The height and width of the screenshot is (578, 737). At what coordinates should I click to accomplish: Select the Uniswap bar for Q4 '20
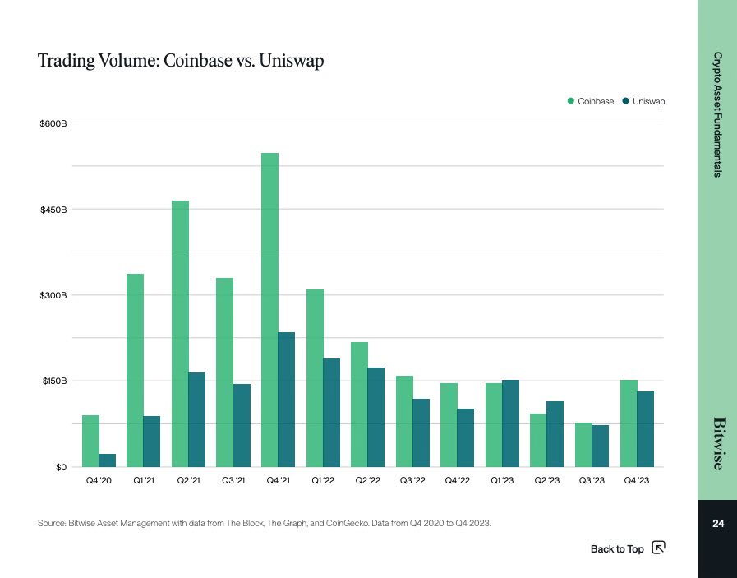pyautogui.click(x=107, y=460)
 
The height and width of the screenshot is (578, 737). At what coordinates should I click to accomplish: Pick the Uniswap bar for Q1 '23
pyautogui.click(x=510, y=423)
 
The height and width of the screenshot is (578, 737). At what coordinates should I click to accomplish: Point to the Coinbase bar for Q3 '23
pyautogui.click(x=583, y=445)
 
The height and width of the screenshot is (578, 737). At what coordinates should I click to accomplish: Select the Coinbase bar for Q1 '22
pyautogui.click(x=315, y=378)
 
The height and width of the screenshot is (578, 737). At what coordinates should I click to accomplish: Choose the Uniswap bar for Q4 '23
pyautogui.click(x=645, y=429)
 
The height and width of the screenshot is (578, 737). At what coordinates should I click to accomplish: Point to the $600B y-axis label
pyautogui.click(x=53, y=123)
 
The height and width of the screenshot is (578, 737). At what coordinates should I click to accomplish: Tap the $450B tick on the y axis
pyautogui.click(x=53, y=210)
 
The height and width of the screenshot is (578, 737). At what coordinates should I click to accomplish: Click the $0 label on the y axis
pyautogui.click(x=59, y=467)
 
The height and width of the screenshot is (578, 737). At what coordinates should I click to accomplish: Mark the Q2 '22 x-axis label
pyautogui.click(x=367, y=480)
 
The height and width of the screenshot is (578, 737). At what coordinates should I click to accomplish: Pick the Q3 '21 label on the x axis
pyautogui.click(x=233, y=480)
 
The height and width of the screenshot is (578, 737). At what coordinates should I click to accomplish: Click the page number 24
pyautogui.click(x=717, y=524)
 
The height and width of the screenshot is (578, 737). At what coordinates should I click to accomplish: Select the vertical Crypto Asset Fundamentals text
pyautogui.click(x=717, y=115)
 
